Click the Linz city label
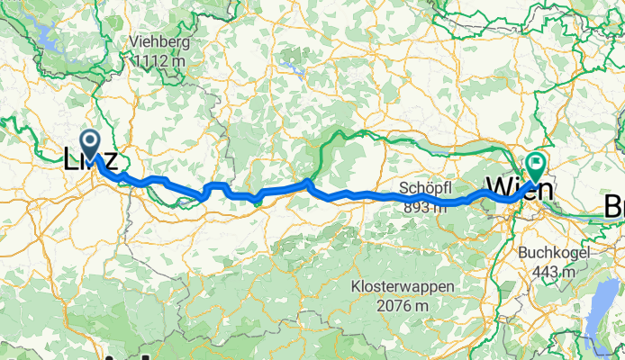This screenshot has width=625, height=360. pos(90,160)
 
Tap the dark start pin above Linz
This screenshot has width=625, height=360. pos(91,142)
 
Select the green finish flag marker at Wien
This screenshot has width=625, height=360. pos(535,165)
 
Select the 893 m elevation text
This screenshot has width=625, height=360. pos(423,206)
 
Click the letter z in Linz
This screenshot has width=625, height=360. pos(109,161)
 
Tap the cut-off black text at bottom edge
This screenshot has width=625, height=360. pos(117,355)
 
